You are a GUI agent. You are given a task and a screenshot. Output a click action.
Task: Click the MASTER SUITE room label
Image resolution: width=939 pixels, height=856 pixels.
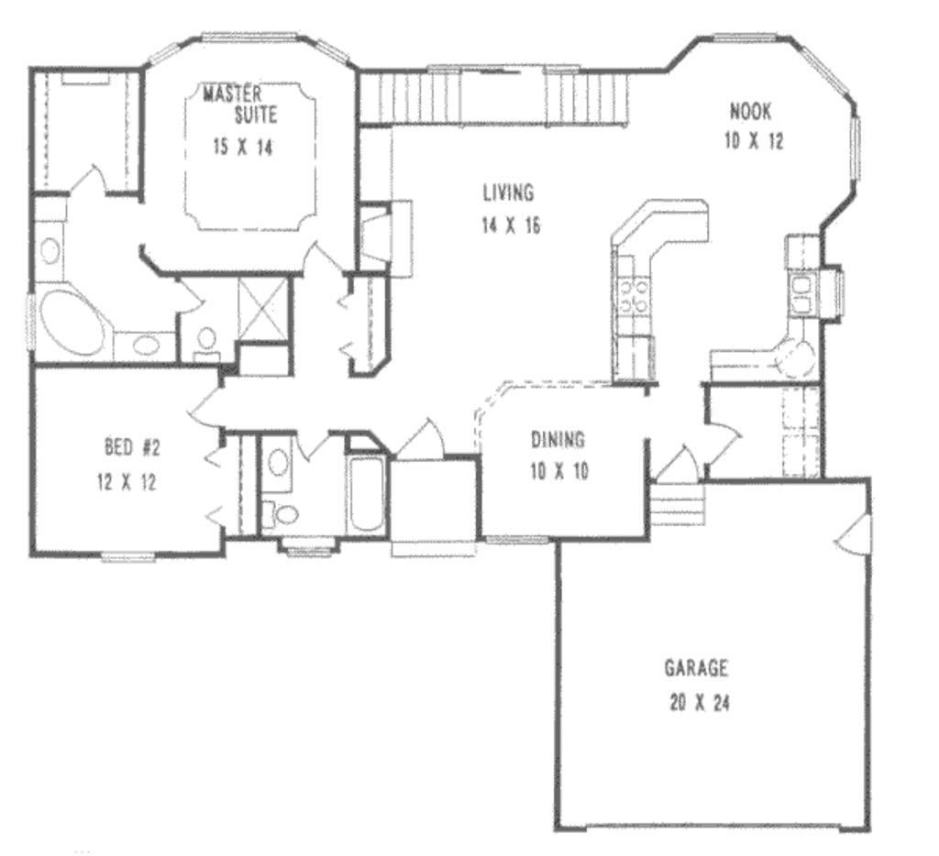click(233, 104)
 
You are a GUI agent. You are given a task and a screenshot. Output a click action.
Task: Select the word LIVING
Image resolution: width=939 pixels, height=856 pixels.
click(507, 192)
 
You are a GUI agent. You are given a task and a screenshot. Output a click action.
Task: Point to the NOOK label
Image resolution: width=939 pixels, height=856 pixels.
click(750, 112)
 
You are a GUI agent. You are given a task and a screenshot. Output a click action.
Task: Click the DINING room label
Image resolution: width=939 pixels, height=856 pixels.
click(558, 440)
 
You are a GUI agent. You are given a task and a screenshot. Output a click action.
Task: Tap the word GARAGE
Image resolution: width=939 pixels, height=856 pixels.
click(696, 666)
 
